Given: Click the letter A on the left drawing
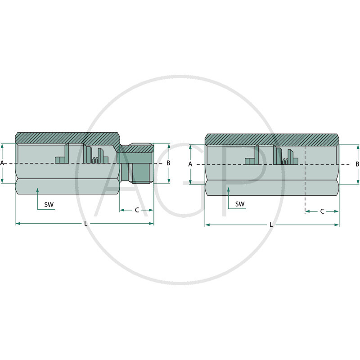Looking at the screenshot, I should [3, 163].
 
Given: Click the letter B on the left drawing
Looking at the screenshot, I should [168, 163].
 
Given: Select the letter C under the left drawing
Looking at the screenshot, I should [136, 210].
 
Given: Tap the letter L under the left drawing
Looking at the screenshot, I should [85, 224].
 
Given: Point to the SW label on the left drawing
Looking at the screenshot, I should [49, 204].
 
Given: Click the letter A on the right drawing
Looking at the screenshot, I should [190, 164].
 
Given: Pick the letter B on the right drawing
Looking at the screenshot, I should [357, 164].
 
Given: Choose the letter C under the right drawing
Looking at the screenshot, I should [322, 211].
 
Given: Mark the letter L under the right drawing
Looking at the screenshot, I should [271, 225].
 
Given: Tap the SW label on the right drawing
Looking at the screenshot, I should [240, 204].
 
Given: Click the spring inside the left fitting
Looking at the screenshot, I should [94, 160].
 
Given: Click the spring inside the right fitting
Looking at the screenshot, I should [285, 161].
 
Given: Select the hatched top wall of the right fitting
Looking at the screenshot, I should [270, 139].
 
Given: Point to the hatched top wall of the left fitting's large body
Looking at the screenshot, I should [67, 137].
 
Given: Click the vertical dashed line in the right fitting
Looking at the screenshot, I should [305, 180].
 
